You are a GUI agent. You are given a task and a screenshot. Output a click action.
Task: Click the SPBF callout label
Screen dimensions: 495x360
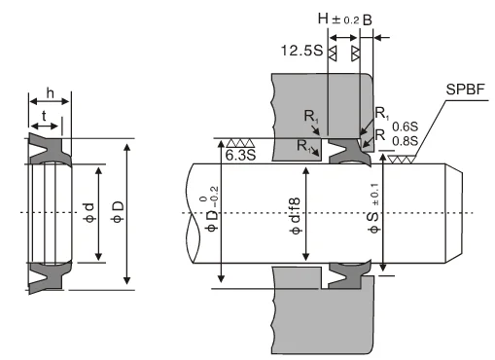[x=465, y=90]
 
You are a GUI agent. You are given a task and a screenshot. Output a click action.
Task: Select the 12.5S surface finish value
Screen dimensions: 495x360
[x=301, y=51]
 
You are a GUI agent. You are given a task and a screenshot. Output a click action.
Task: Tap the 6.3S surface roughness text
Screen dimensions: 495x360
[x=240, y=155]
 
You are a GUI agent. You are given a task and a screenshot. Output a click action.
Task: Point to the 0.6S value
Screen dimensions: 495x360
[x=405, y=126]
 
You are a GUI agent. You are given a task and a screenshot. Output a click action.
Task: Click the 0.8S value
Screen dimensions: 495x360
[x=405, y=141]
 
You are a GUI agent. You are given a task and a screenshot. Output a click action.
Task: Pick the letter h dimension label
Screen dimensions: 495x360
[x=50, y=93]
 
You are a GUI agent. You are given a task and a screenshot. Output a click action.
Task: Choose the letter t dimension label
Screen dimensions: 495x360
[x=44, y=115]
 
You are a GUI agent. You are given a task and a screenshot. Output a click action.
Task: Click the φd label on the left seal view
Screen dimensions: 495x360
[x=89, y=212]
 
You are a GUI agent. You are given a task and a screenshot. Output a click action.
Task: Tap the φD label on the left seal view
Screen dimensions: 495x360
[x=118, y=212]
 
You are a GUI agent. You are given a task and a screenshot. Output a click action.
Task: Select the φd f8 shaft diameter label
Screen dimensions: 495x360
[x=295, y=216]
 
